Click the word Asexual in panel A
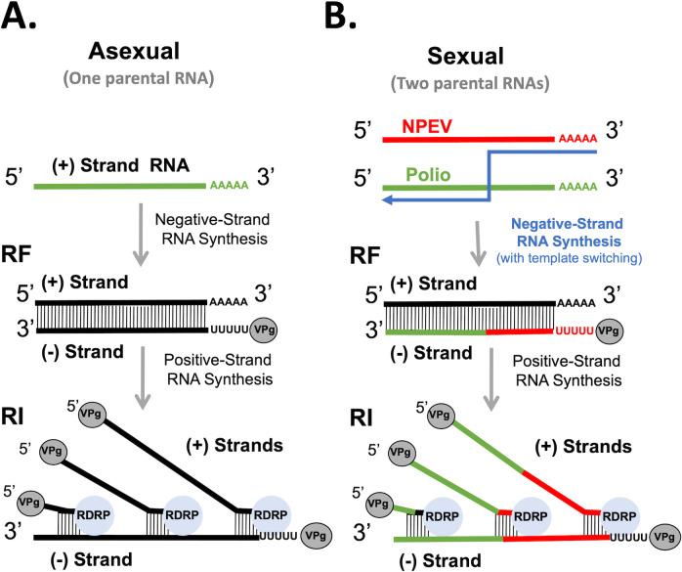(134, 52)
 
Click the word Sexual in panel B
(465, 56)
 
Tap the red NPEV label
(427, 126)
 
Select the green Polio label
(428, 175)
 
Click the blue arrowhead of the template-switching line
(387, 199)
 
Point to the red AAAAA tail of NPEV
(577, 139)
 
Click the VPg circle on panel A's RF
(264, 330)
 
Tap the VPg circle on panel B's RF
(609, 330)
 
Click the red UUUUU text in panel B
(575, 331)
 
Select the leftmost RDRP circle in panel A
(94, 515)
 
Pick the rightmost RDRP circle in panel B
(618, 516)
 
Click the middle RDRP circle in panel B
(531, 516)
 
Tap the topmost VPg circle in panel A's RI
(92, 414)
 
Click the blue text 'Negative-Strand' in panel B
(567, 224)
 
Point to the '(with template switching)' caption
(570, 258)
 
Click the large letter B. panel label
(340, 16)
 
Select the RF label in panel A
(16, 254)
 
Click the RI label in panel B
(361, 418)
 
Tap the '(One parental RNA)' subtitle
(139, 79)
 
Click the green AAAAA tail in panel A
(230, 186)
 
